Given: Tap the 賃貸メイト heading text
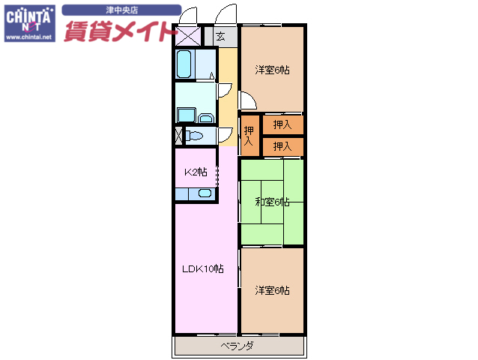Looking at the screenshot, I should click(122, 31).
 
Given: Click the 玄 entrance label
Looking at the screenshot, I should click(220, 35).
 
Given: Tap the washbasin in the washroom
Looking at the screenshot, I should click(206, 116).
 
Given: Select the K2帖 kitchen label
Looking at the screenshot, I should click(196, 172).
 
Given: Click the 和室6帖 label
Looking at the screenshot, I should click(271, 201).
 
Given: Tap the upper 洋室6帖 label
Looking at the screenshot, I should click(271, 70).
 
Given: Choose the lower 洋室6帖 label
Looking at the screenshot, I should click(271, 290).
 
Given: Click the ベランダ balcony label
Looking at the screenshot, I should click(237, 346).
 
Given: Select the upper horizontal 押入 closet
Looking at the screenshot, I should click(282, 125).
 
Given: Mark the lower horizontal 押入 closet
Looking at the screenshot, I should click(282, 146).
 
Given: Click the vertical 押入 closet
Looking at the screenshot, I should click(249, 136).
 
